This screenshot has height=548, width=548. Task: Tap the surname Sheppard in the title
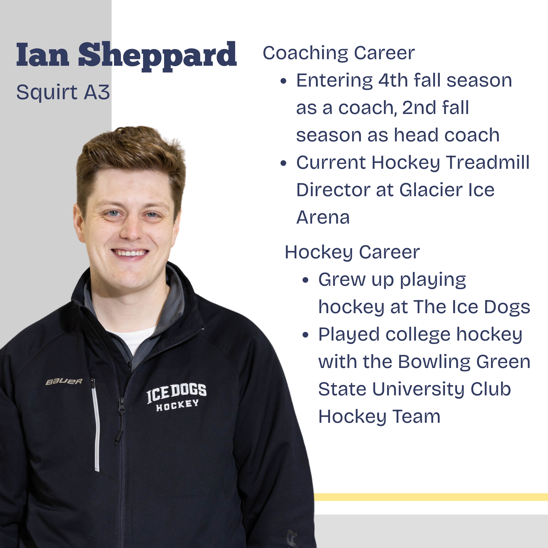pos(158,56)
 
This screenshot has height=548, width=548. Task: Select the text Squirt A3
pos(63,92)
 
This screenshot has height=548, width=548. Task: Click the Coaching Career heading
pos(339,53)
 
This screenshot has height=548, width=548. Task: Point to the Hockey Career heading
pos(352,252)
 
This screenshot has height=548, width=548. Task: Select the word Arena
pos(323,217)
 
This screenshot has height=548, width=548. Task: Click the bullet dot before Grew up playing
pos(305,281)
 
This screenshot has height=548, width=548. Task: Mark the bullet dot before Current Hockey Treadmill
pos(283,163)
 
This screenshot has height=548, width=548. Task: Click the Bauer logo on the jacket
pos(64,381)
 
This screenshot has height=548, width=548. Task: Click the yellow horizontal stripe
pos(431,497)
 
